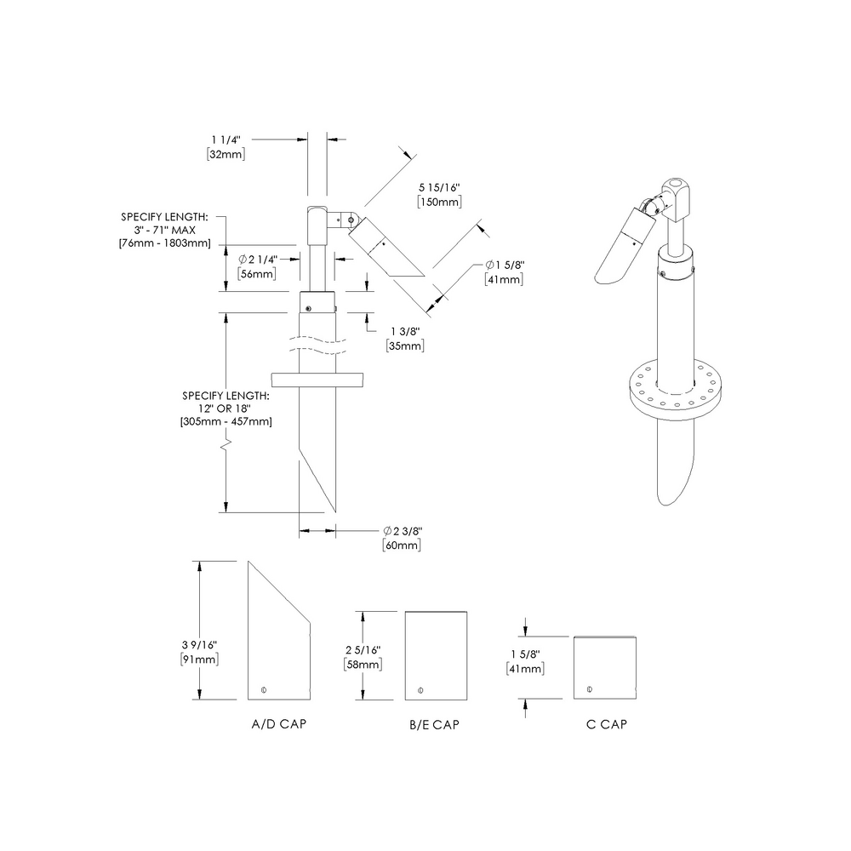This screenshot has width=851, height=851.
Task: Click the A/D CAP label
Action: [x=278, y=725]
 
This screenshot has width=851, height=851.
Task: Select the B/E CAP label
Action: [x=434, y=725]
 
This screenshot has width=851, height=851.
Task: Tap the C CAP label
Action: [x=607, y=725]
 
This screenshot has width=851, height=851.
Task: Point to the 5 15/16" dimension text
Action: [x=439, y=186]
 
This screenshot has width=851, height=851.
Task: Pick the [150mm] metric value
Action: [x=439, y=202]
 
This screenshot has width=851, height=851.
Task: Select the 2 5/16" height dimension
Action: [x=363, y=649]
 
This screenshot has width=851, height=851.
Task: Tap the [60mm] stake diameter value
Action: [x=402, y=545]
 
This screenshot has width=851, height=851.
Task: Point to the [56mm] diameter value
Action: [x=257, y=274]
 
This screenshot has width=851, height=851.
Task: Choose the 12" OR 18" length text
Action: [x=226, y=408]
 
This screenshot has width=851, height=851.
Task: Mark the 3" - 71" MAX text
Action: [x=167, y=231]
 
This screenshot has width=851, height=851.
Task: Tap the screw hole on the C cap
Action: [x=590, y=688]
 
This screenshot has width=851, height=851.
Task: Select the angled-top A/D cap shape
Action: [x=278, y=638]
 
